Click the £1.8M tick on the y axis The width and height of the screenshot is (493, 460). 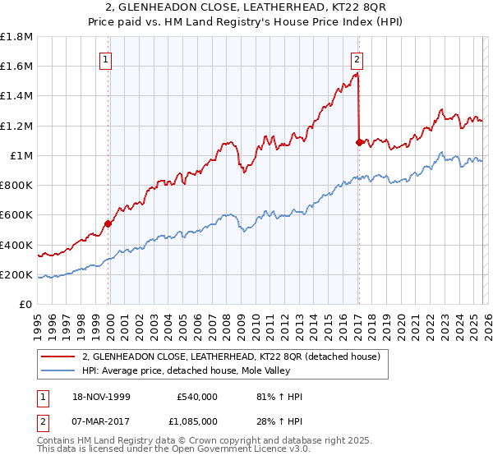click(x=17, y=37)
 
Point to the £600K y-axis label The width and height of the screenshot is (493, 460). click(x=17, y=215)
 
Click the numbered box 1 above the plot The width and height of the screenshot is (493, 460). click(x=108, y=58)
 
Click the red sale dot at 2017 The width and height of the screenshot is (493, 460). click(x=359, y=143)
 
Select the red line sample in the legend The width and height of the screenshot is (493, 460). click(x=58, y=357)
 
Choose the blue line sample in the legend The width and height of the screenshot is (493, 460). click(x=58, y=370)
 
